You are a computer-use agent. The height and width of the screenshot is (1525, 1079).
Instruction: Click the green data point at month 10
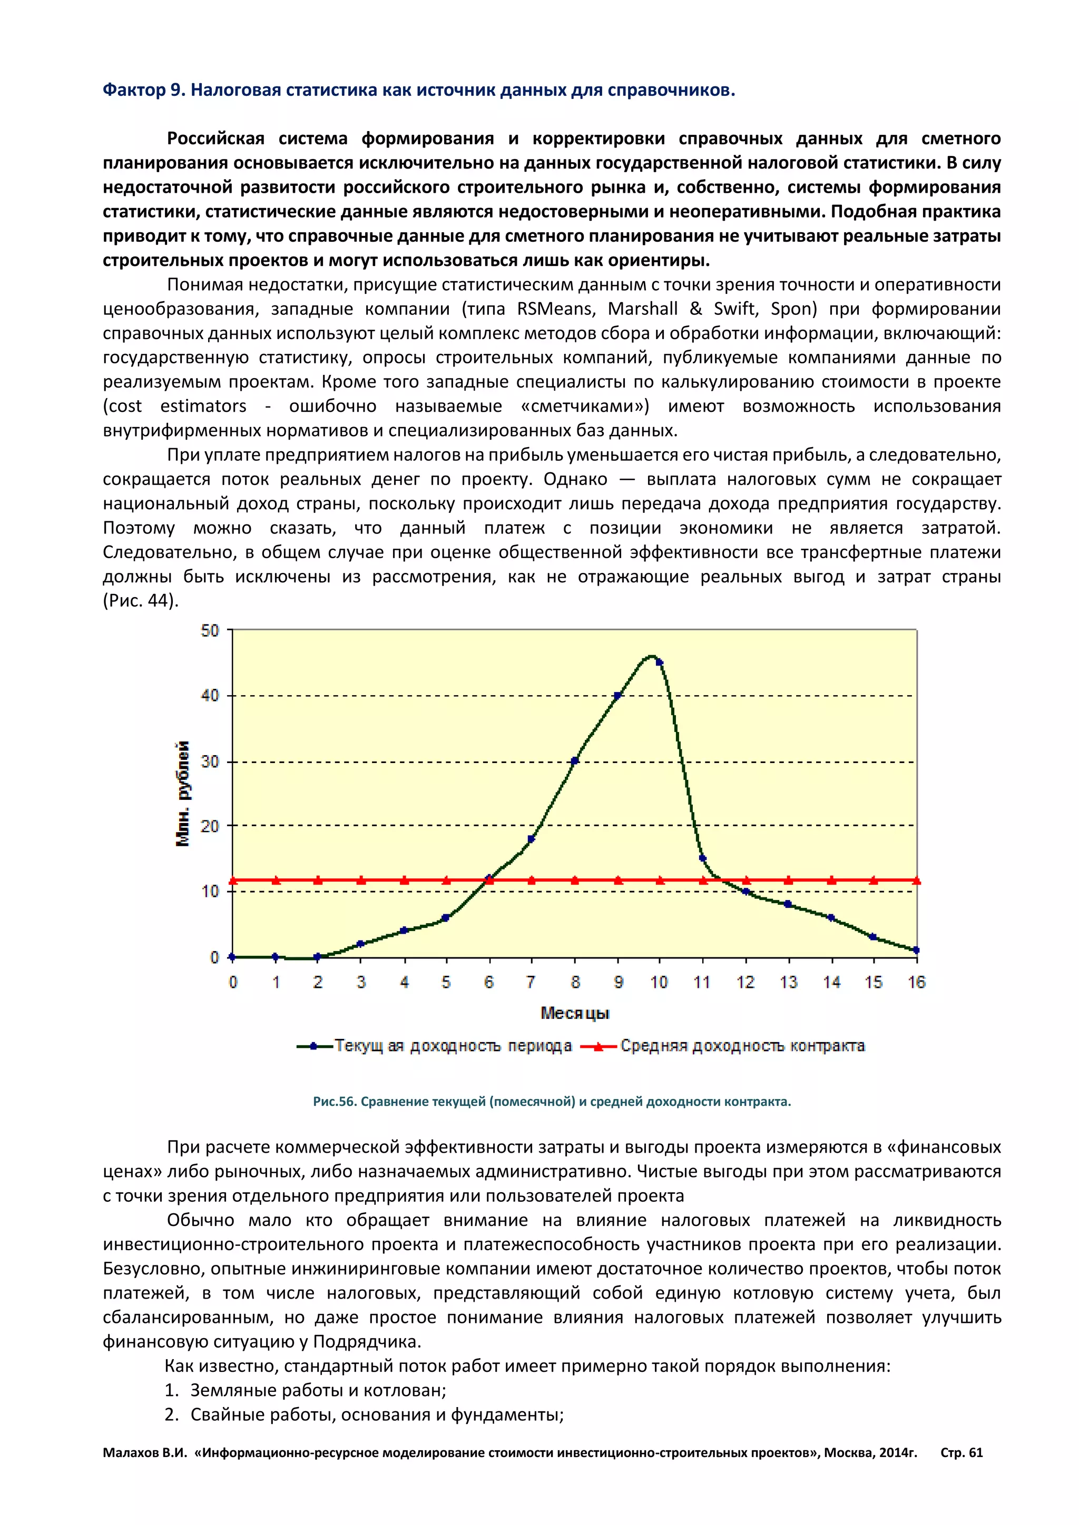(x=659, y=662)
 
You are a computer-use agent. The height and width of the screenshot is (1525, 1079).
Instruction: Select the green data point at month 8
(x=575, y=760)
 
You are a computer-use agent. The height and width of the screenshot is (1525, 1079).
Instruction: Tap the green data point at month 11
(x=702, y=858)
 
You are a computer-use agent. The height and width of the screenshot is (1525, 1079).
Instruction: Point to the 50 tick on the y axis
(x=210, y=630)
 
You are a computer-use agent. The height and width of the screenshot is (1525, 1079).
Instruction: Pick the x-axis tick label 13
(x=789, y=982)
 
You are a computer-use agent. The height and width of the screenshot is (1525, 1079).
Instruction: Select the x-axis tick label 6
(x=489, y=982)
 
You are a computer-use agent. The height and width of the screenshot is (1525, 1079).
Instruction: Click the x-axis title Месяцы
(x=575, y=1013)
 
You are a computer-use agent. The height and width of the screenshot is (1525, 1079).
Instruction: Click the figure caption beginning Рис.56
(x=552, y=1101)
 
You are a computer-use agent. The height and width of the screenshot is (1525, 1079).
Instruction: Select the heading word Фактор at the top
(x=133, y=91)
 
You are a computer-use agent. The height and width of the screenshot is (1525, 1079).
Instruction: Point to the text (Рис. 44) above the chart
(x=141, y=601)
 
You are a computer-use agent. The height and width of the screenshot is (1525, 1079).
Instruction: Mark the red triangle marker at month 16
(x=916, y=881)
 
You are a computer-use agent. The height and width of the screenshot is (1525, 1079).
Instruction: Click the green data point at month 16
(x=916, y=950)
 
